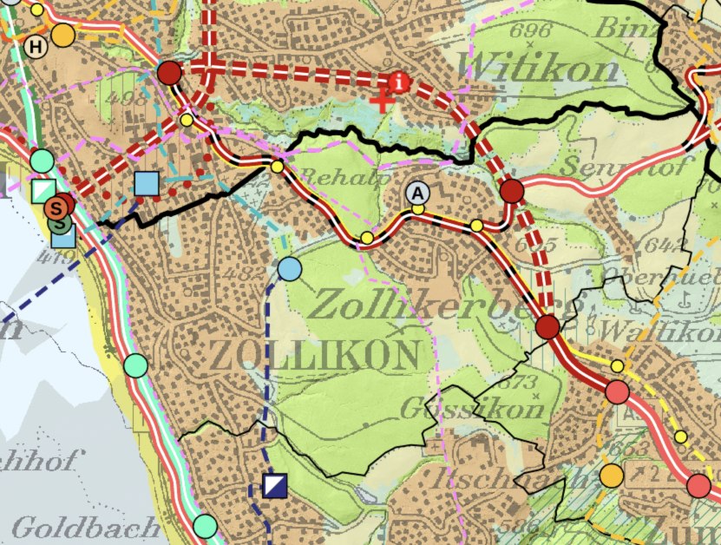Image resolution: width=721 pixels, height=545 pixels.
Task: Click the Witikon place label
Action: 542,64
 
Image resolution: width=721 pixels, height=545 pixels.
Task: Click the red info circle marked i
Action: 399,82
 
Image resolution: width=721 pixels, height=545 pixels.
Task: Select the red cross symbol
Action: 382,102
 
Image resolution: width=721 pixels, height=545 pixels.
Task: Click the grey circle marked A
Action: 418,192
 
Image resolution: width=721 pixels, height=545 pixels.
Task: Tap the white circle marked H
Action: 35,46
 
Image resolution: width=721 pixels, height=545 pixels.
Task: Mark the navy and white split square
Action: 275,485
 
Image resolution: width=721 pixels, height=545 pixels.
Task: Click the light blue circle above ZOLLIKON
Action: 289,269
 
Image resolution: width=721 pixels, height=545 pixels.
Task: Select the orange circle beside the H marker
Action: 62,36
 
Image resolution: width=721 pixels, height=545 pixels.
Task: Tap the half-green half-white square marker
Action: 42,191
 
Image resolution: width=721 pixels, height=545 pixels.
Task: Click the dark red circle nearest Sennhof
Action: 512,191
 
